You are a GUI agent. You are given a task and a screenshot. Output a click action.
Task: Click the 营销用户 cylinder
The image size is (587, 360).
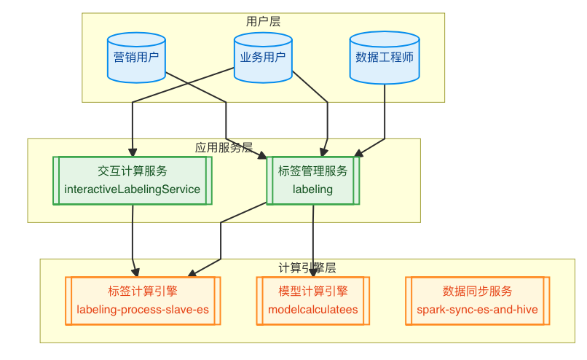point(136,58)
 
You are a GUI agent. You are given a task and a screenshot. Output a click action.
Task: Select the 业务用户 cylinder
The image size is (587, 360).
point(263,58)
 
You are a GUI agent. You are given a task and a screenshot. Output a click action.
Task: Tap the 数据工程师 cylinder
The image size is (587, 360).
point(385,58)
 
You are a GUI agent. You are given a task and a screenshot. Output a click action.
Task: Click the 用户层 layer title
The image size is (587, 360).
point(263,21)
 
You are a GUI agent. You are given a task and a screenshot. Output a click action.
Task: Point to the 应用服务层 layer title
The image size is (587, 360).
point(224,147)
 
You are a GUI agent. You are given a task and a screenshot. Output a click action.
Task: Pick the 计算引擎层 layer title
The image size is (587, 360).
point(307,267)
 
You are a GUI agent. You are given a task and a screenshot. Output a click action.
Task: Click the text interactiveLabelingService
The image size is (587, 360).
point(132,189)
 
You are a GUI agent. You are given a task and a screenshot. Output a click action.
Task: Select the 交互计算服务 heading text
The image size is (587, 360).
point(133,171)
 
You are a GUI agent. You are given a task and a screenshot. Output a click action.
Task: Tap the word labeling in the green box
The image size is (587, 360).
point(312,189)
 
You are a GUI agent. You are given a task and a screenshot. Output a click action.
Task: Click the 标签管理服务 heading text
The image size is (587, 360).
point(312,171)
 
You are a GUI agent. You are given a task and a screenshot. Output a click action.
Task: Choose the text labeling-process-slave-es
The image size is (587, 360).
point(143,310)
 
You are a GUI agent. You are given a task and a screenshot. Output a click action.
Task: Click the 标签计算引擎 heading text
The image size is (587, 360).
point(143,291)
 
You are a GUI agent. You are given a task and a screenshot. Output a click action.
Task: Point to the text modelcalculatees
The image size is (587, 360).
point(313,310)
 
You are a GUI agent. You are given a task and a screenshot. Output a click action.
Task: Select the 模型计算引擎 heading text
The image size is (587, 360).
point(313,291)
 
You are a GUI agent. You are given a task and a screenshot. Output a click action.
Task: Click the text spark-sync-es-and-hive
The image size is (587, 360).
point(477,310)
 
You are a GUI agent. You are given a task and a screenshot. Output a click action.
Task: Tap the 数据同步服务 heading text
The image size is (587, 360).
point(477,291)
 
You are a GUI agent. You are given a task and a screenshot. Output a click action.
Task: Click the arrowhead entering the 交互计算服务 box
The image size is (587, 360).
point(133,152)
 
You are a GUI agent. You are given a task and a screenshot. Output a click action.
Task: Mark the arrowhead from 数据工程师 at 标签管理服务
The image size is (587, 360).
point(358,153)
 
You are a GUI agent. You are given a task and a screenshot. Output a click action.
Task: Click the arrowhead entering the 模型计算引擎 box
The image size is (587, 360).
point(313,273)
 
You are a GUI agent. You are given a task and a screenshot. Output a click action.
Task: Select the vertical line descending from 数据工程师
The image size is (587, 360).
point(385,111)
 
